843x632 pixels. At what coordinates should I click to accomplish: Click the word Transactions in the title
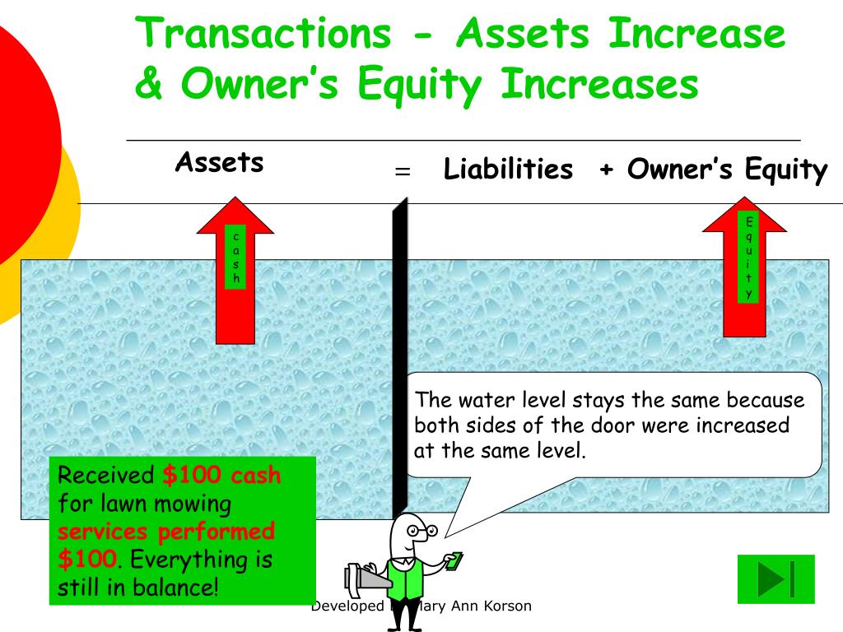tap(263, 33)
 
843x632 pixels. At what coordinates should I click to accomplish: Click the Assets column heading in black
tap(219, 162)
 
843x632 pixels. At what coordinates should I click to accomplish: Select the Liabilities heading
tap(508, 169)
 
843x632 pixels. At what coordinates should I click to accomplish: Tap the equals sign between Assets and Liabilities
tap(403, 171)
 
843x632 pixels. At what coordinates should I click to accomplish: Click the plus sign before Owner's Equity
tap(607, 170)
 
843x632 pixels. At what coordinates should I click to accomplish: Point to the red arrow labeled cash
tap(235, 270)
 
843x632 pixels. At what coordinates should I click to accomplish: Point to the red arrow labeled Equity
tap(744, 267)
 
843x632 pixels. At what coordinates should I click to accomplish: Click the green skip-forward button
tap(775, 579)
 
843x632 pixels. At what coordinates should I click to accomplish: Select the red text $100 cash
tap(221, 475)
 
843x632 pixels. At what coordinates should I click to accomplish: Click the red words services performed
tap(166, 532)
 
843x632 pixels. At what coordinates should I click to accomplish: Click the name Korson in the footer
tap(507, 606)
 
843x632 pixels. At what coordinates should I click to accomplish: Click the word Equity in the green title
tap(419, 85)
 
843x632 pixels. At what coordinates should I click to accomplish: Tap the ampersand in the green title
tap(148, 83)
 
